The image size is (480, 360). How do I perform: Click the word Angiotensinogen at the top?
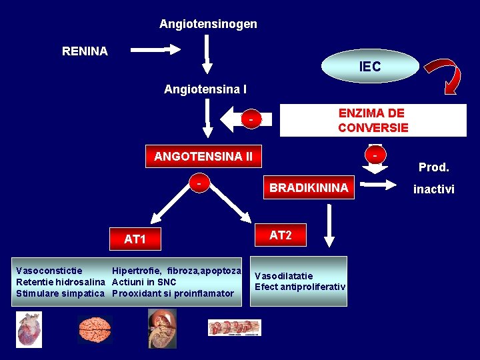click(208, 24)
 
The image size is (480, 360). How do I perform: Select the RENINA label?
click(85, 51)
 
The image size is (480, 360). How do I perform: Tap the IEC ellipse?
click(370, 67)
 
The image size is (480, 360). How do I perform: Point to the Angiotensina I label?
click(205, 89)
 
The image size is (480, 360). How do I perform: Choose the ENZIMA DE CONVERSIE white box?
click(373, 121)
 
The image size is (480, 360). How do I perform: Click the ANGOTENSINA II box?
click(203, 157)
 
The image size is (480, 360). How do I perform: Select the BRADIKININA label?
click(309, 188)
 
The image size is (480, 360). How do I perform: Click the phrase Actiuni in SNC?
click(144, 282)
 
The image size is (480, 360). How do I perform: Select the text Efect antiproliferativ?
click(300, 287)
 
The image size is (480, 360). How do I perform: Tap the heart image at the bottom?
click(29, 330)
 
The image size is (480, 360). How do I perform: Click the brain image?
click(95, 329)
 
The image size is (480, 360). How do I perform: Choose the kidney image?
click(162, 328)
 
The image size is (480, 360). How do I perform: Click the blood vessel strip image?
click(234, 327)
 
